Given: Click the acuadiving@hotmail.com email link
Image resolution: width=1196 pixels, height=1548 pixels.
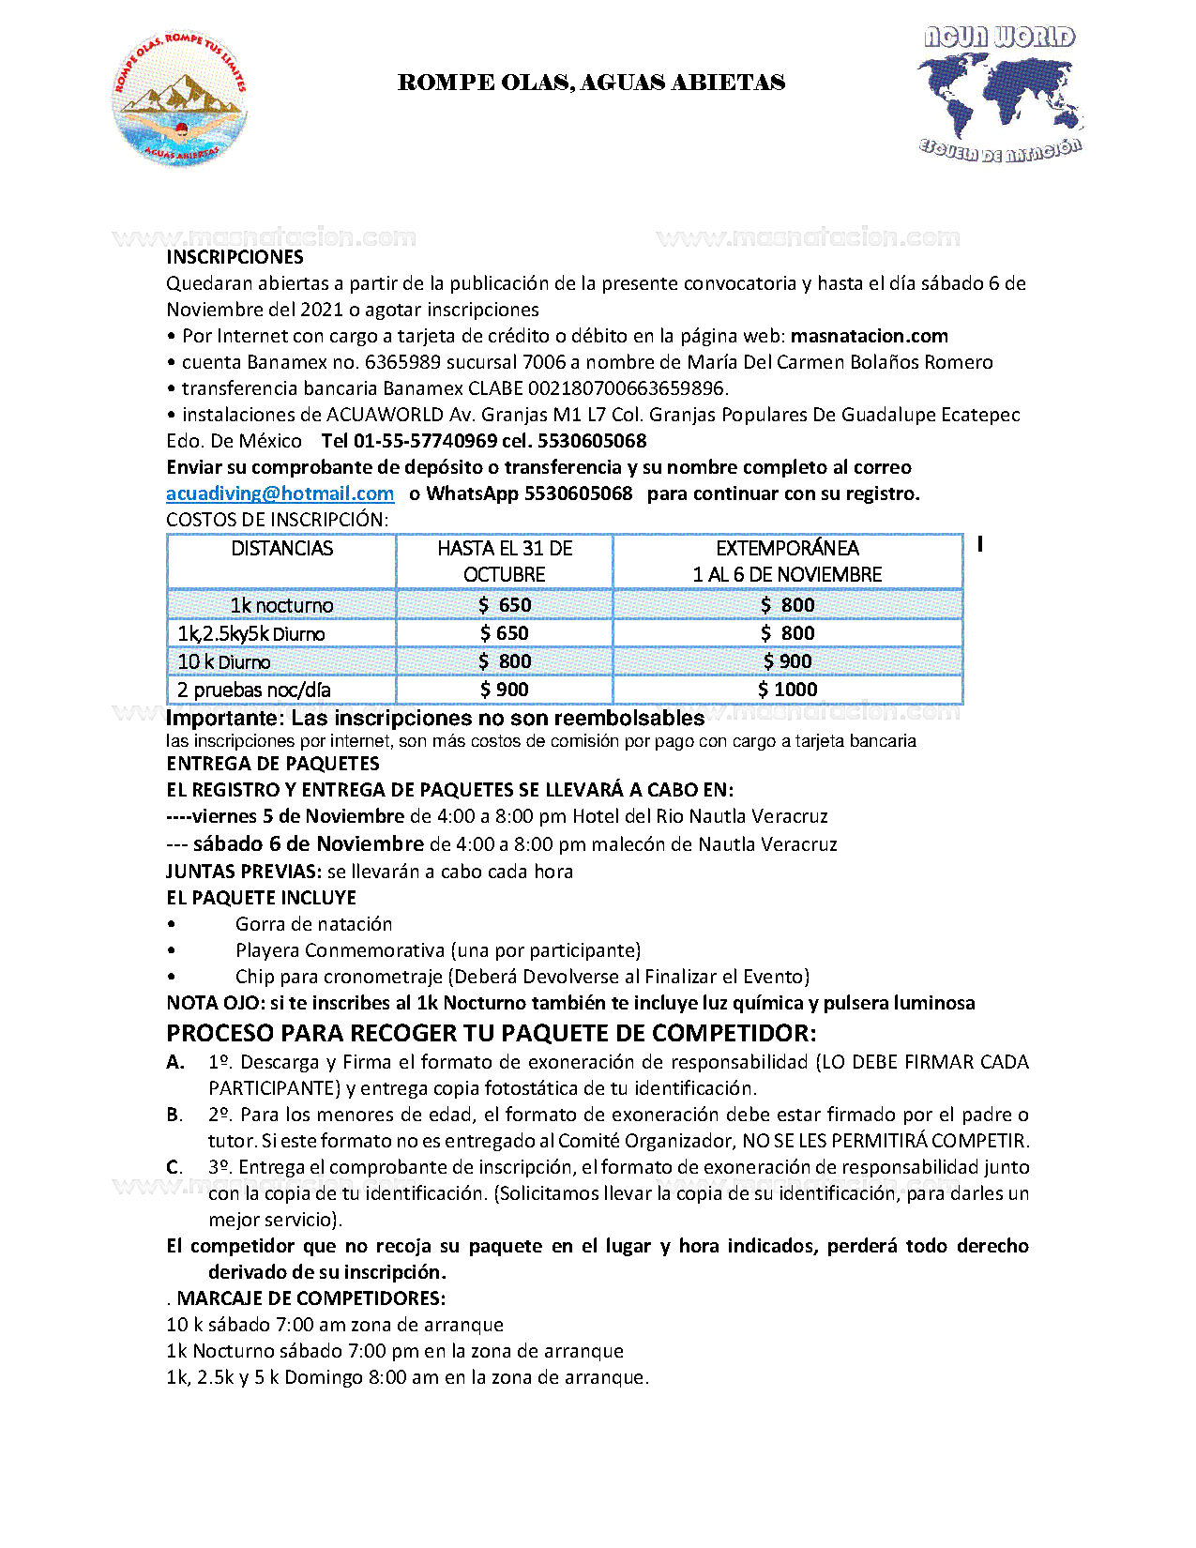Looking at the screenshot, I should tap(280, 493).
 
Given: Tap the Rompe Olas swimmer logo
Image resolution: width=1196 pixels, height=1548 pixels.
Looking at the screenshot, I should tap(180, 99).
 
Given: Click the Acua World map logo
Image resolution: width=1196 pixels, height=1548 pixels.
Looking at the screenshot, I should tap(1000, 92).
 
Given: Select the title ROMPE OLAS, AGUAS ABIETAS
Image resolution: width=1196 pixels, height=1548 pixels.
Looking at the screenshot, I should tap(591, 83).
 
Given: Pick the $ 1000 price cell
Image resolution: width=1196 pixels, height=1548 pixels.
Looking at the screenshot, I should tap(787, 690).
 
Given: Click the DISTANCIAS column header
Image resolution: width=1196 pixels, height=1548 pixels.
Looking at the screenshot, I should tap(281, 549).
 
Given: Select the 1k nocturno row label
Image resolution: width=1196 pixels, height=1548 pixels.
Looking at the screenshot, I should tap(281, 605).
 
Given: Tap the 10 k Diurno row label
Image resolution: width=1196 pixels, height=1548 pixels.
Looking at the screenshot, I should tap(224, 662).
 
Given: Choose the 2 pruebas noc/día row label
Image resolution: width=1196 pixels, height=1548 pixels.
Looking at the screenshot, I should tap(253, 691).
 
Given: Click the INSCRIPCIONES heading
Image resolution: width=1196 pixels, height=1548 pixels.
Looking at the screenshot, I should tap(235, 257).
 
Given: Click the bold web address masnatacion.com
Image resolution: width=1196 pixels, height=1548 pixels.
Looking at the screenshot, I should tap(869, 336).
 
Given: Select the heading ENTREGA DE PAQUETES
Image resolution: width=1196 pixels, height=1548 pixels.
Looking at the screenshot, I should tap(272, 764).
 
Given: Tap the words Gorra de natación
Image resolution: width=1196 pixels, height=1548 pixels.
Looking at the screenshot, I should tap(313, 924).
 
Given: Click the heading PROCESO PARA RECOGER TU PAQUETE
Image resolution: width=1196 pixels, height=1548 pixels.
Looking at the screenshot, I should tap(491, 1033).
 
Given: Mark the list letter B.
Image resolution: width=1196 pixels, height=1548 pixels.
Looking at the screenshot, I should tap(174, 1115).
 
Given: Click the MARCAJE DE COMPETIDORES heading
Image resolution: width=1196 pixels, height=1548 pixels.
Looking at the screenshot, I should tap(310, 1298).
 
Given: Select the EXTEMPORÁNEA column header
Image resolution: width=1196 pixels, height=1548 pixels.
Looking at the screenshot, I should tap(787, 549).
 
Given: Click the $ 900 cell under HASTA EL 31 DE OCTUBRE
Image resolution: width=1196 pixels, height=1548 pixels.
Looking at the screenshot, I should tap(504, 690).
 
